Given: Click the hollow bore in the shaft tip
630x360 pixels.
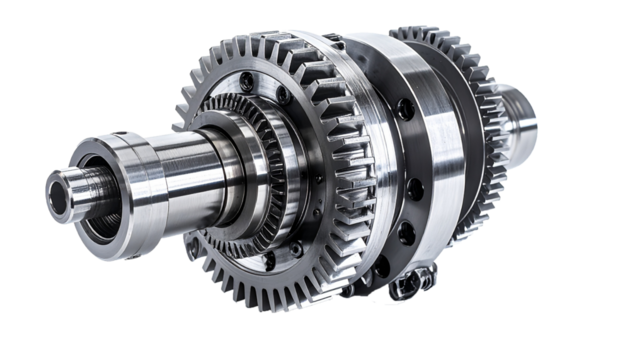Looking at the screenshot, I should click(x=57, y=191).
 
